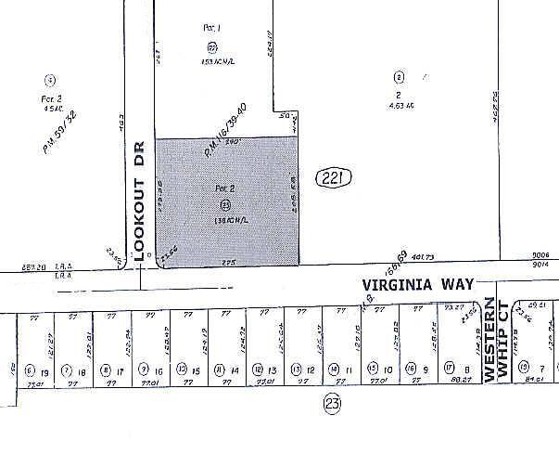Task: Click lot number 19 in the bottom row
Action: tap(43, 370)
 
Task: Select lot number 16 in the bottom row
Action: tap(159, 370)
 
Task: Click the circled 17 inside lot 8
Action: tap(449, 369)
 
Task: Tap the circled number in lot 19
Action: tap(29, 370)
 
